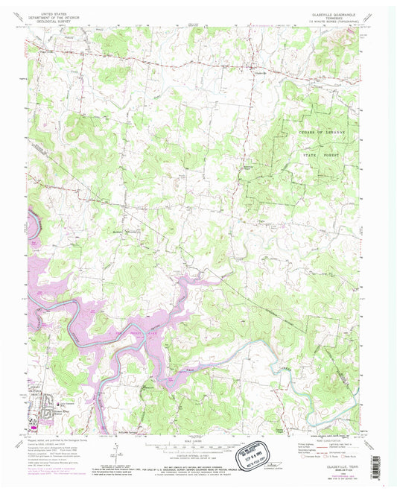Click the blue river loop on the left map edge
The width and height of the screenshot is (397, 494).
coord(31,225)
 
